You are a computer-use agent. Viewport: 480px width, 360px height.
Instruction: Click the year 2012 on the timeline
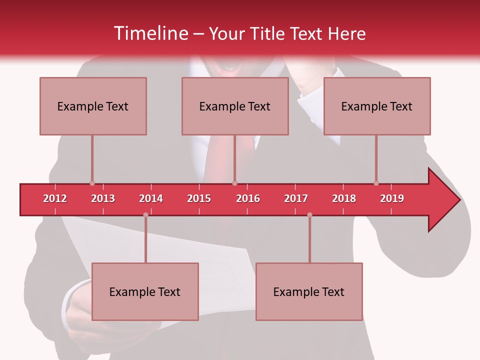click(x=55, y=198)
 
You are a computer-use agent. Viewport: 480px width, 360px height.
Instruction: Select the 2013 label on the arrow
click(x=103, y=198)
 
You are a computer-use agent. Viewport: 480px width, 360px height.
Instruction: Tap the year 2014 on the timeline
click(x=151, y=198)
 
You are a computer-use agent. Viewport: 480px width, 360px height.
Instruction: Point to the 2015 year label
click(x=199, y=198)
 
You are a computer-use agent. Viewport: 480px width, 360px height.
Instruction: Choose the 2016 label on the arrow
click(x=248, y=198)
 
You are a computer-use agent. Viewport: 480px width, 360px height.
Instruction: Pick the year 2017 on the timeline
click(x=296, y=198)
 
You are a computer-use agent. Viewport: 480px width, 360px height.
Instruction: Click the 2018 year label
click(x=344, y=198)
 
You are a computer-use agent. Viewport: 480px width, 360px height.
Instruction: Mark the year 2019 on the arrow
click(x=392, y=198)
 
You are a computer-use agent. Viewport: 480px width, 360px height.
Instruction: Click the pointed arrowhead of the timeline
click(x=445, y=200)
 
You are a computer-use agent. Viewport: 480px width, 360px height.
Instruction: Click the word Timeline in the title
click(x=149, y=33)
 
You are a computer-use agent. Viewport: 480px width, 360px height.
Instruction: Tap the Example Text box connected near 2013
click(x=93, y=106)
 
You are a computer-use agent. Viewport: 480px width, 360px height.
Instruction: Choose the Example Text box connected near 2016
click(x=235, y=106)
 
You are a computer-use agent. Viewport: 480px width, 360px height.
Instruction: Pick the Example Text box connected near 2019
click(x=377, y=106)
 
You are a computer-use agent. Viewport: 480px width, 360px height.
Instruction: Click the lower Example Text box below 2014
click(x=145, y=291)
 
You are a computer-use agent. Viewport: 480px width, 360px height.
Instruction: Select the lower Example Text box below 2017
click(x=309, y=291)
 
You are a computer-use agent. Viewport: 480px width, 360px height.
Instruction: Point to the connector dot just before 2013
click(x=92, y=183)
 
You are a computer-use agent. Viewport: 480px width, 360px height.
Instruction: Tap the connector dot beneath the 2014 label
click(x=145, y=214)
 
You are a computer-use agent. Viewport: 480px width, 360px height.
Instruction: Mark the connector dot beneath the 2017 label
click(x=309, y=214)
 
